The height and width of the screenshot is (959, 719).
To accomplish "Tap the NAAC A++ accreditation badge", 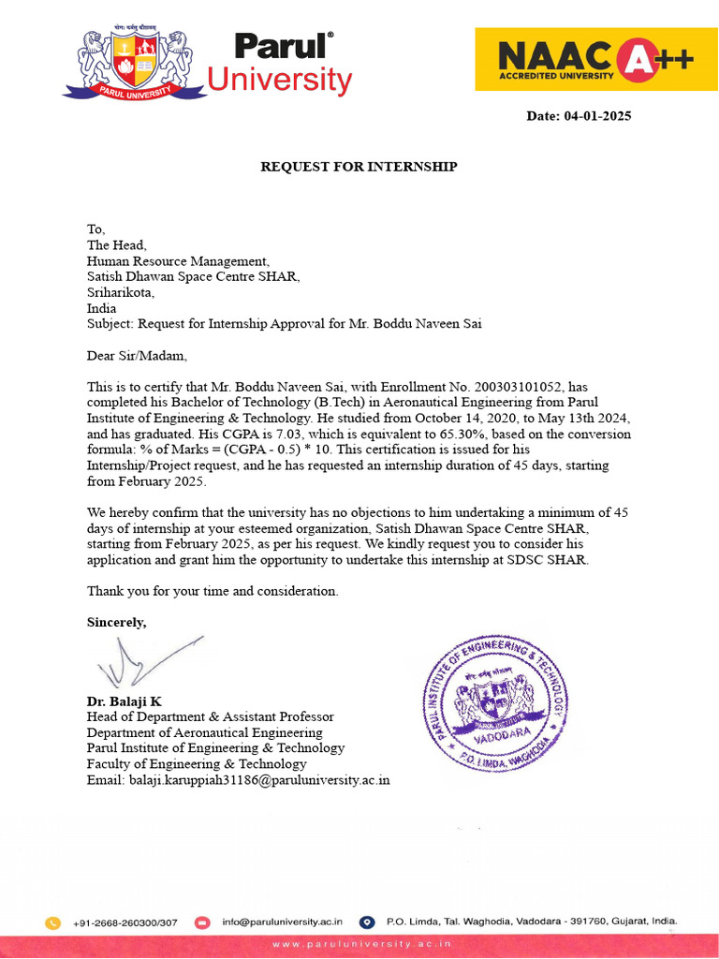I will [x=596, y=59].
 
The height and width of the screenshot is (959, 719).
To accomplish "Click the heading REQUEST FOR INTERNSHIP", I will [x=359, y=167].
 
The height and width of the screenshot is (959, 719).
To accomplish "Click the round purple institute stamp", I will [x=495, y=703].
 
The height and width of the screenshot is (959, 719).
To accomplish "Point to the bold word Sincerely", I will [x=117, y=622].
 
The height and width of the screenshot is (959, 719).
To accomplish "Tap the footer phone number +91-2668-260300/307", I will [x=125, y=922].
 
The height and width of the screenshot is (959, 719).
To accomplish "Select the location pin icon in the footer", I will [x=367, y=922].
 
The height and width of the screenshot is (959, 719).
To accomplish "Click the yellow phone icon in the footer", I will [x=53, y=922].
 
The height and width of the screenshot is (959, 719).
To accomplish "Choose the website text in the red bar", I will [x=361, y=944].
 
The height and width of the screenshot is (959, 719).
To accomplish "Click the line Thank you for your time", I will [x=213, y=591].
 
